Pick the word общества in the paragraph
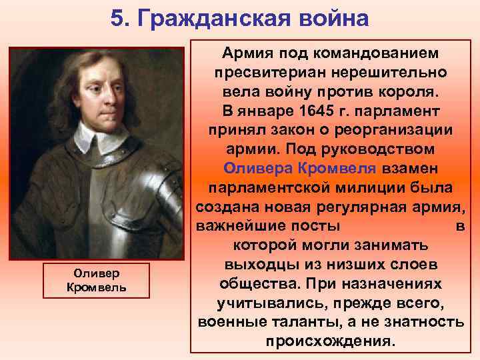pyautogui.click(x=258, y=284)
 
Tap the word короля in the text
pyautogui.click(x=420, y=90)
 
